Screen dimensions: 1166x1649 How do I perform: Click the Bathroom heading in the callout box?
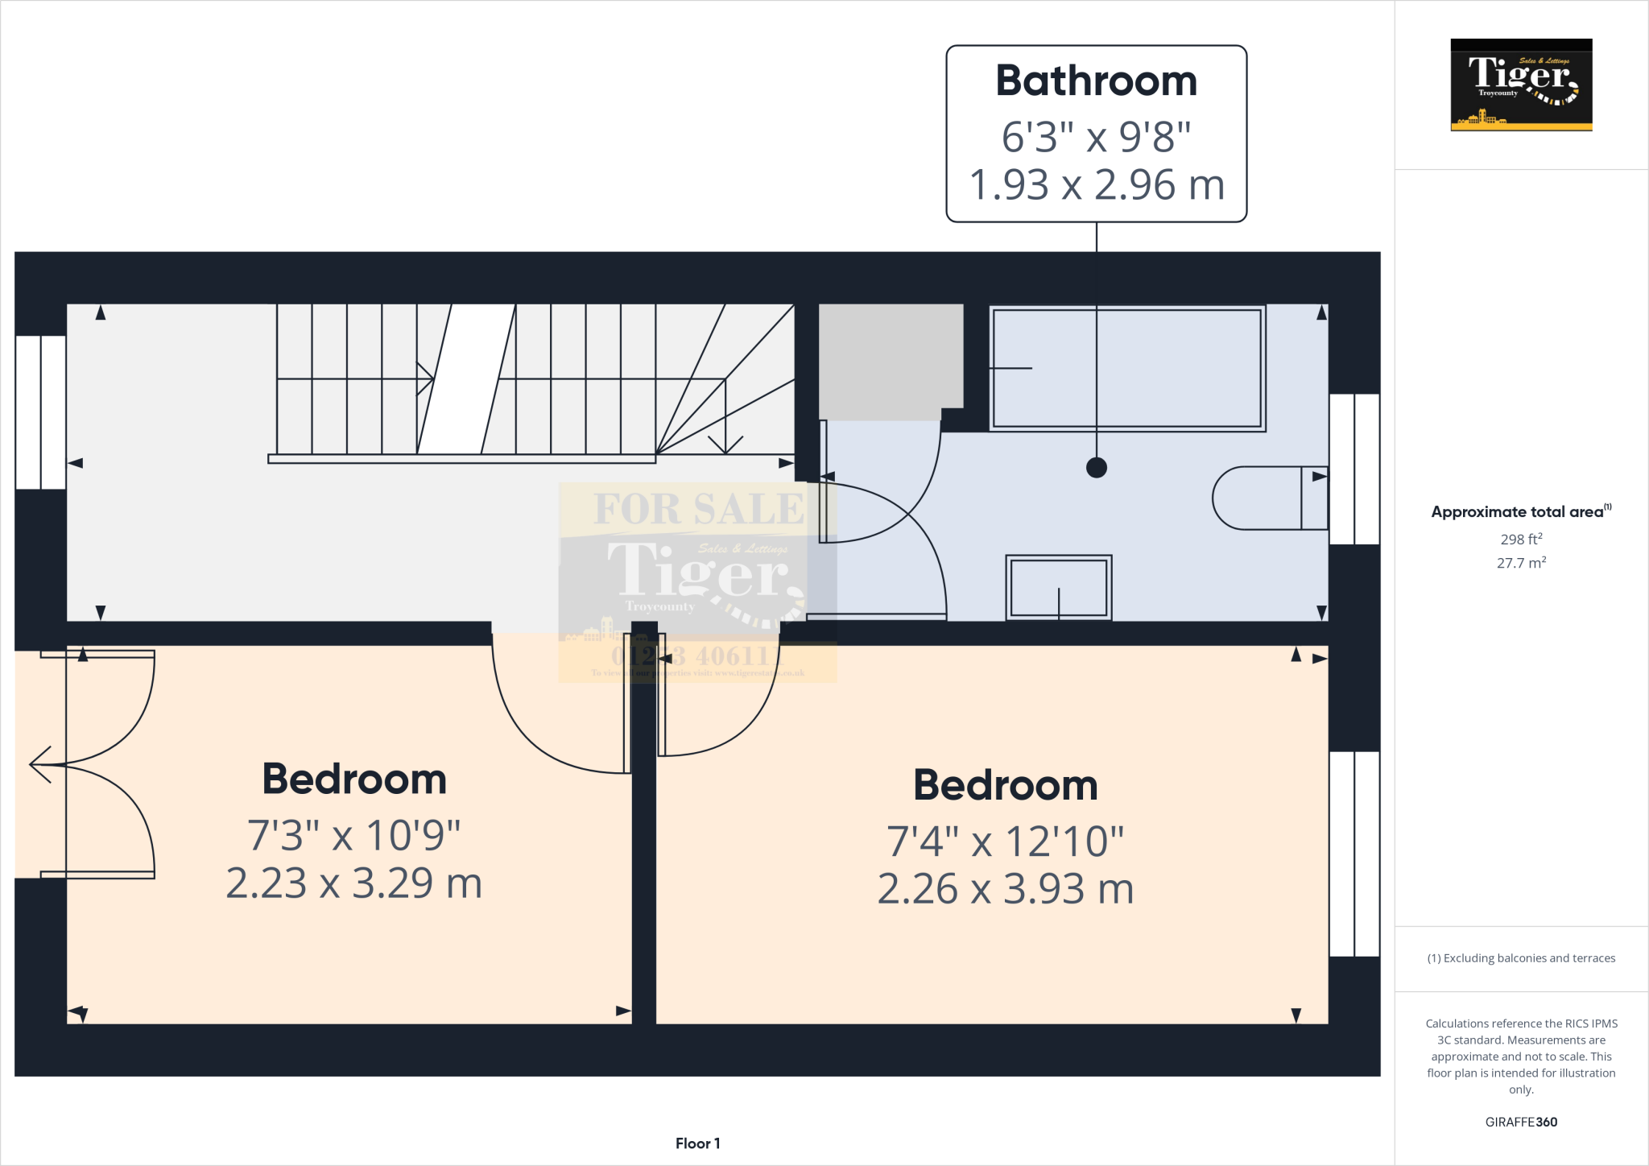pyautogui.click(x=1096, y=81)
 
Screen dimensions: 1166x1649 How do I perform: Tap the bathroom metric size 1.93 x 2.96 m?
pyautogui.click(x=1096, y=185)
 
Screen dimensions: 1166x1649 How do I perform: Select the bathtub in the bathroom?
pyautogui.click(x=1126, y=368)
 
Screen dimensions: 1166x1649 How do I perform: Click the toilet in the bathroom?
pyautogui.click(x=1268, y=498)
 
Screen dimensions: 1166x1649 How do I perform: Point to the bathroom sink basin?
pyautogui.click(x=1058, y=588)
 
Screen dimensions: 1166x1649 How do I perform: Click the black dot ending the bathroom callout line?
pyautogui.click(x=1096, y=467)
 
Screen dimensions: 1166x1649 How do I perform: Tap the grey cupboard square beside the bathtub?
pyautogui.click(x=891, y=357)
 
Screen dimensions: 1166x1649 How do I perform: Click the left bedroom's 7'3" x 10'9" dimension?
pyautogui.click(x=353, y=835)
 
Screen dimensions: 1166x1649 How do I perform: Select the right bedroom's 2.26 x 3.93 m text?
pyautogui.click(x=1005, y=889)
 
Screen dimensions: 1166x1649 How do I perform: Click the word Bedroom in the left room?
pyautogui.click(x=354, y=779)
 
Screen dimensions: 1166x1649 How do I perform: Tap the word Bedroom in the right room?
pyautogui.click(x=1005, y=785)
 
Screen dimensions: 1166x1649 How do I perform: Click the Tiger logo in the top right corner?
pyautogui.click(x=1521, y=85)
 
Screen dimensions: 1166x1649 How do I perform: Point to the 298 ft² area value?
pyautogui.click(x=1521, y=540)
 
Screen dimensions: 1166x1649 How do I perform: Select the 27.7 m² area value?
pyautogui.click(x=1521, y=563)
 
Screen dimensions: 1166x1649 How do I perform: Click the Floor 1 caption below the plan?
pyautogui.click(x=697, y=1143)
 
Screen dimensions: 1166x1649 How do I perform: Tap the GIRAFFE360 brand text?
pyautogui.click(x=1521, y=1122)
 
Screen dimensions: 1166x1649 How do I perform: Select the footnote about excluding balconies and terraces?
pyautogui.click(x=1521, y=958)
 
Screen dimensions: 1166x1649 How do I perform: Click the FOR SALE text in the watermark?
pyautogui.click(x=698, y=509)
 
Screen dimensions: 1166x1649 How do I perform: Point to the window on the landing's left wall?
pyautogui.click(x=40, y=412)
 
